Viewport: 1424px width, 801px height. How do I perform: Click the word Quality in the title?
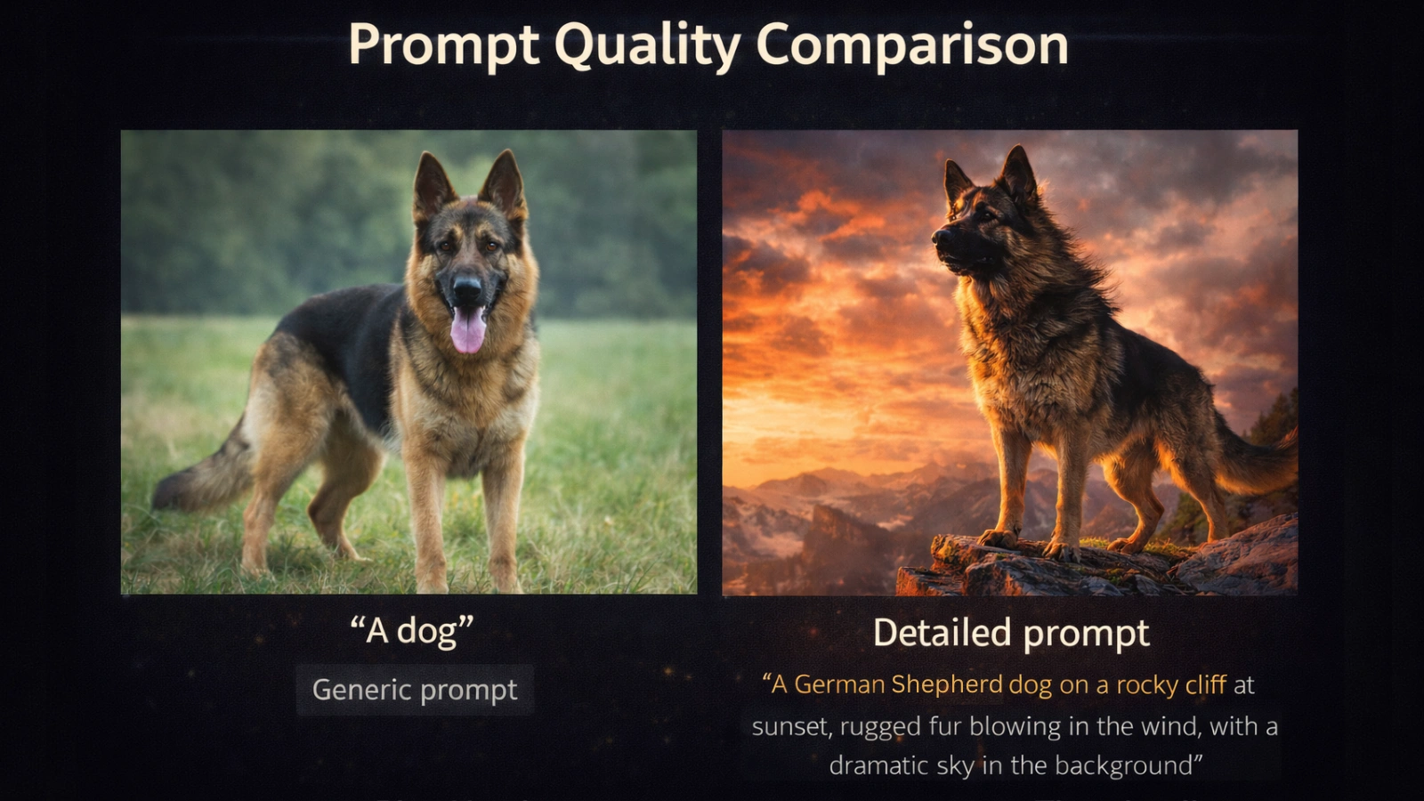pyautogui.click(x=648, y=46)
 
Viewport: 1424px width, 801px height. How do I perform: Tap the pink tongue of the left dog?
pyautogui.click(x=467, y=331)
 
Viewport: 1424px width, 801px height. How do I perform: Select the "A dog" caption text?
pyautogui.click(x=411, y=631)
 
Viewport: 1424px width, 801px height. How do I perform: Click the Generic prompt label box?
pyautogui.click(x=415, y=690)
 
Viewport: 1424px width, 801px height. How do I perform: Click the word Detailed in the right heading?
pyautogui.click(x=942, y=633)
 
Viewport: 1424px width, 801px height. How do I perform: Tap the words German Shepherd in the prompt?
pyautogui.click(x=898, y=684)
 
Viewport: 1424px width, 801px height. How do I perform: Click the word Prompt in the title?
pyautogui.click(x=443, y=46)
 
